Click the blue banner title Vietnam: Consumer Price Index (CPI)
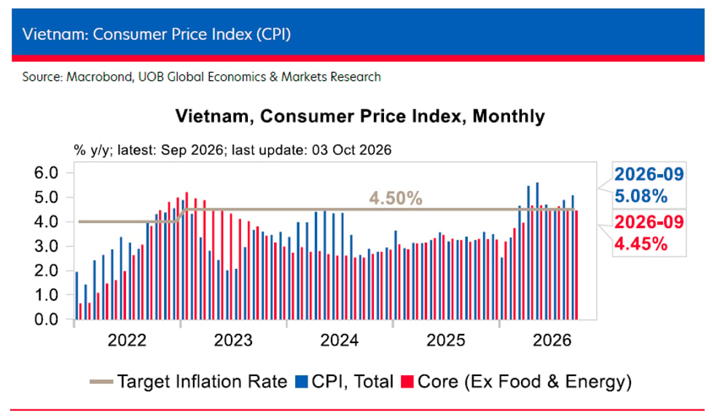(x=157, y=34)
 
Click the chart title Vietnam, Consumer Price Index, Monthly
(x=360, y=116)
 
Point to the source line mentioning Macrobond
(x=202, y=77)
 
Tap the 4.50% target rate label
(x=396, y=198)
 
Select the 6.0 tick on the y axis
(x=47, y=173)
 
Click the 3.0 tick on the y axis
(x=47, y=246)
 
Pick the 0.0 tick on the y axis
(x=47, y=320)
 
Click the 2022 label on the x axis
(x=127, y=340)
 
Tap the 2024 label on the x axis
(x=340, y=340)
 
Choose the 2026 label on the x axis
(x=552, y=340)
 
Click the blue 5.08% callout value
(x=641, y=196)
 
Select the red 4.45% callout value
(x=641, y=244)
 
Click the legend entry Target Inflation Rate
(x=189, y=382)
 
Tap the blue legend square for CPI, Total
(x=302, y=382)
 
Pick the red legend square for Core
(x=407, y=382)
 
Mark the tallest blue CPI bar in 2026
(x=538, y=251)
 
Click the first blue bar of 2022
(x=77, y=296)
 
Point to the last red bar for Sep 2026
(x=576, y=265)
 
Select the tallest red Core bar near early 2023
(x=187, y=256)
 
